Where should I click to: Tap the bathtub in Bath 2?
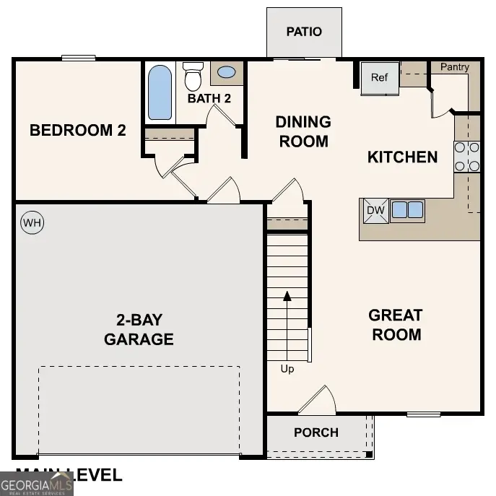160,93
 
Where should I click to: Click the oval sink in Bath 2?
226,73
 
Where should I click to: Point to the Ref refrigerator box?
380,78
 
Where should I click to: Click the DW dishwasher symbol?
375,210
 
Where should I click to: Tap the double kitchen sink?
407,210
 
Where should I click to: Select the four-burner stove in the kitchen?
467,157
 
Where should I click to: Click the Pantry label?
455,67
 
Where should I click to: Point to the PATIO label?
304,32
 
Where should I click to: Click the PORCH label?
316,432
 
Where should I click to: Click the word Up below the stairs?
287,369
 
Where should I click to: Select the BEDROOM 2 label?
78,131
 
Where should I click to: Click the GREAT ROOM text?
395,325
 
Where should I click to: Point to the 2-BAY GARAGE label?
139,330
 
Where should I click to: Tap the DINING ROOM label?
303,131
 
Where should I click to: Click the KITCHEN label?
402,157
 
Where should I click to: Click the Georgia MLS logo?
37,484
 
